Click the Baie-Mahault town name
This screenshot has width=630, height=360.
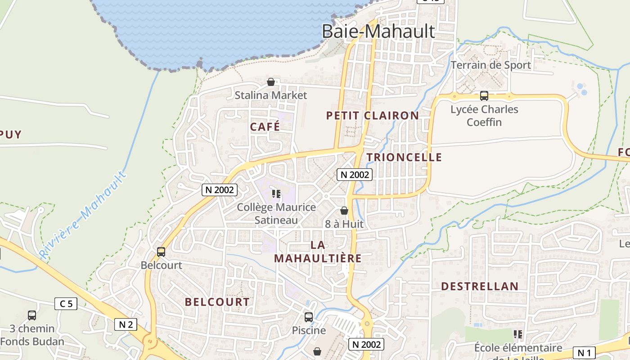tap(378, 31)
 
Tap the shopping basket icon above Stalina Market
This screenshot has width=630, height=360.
tap(271, 82)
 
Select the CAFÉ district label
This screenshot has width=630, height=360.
tap(265, 127)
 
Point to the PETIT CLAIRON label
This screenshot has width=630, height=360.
tap(372, 116)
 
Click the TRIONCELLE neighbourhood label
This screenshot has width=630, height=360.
tap(404, 157)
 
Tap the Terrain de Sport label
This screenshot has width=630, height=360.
tap(490, 65)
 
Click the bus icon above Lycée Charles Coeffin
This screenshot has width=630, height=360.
tap(484, 95)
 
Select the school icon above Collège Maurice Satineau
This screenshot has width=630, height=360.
tap(276, 194)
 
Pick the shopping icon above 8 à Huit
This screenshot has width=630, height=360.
tap(344, 211)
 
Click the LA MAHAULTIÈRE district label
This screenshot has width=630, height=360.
tap(318, 252)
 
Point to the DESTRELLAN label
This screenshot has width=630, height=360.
tap(480, 286)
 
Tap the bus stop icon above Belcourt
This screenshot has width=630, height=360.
tap(161, 252)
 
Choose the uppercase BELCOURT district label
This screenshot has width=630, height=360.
tap(217, 302)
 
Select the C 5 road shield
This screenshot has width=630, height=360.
tap(66, 304)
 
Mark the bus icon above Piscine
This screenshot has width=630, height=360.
tap(308, 317)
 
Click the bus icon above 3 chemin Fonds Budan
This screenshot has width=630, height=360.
tap(31, 315)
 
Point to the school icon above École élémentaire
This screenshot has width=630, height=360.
tap(518, 334)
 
